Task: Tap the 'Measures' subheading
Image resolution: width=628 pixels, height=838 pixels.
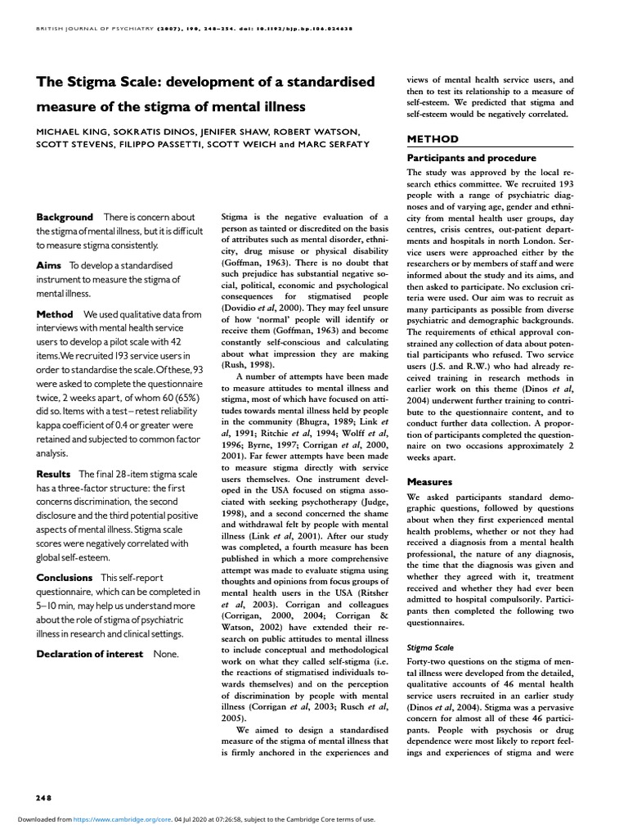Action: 430,482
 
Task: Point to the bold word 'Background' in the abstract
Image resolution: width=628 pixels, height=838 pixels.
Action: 65,217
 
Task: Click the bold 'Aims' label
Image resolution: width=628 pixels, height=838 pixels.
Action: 49,265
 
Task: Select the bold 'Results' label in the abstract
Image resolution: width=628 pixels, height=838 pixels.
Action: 54,474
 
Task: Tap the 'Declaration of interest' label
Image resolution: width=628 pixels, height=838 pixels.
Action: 90,654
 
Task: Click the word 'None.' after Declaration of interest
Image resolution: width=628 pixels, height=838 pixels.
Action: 166,654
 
